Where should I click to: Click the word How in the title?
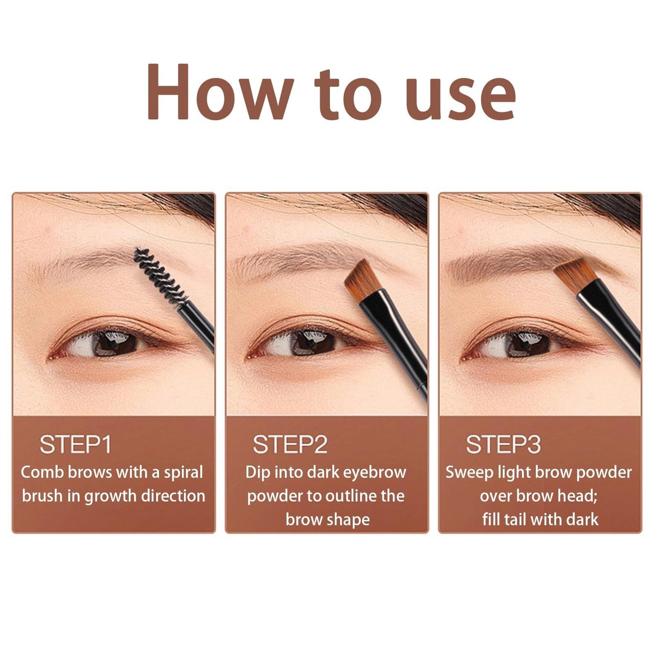pyautogui.click(x=220, y=91)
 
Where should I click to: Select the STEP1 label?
pyautogui.click(x=75, y=444)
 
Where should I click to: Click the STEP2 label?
pyautogui.click(x=290, y=444)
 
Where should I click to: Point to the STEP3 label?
pyautogui.click(x=503, y=444)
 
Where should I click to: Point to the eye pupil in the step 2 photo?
pyautogui.click(x=313, y=343)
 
